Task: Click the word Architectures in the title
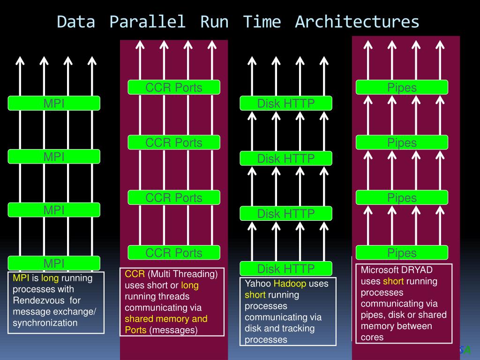pyautogui.click(x=357, y=22)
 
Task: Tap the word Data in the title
pyautogui.click(x=76, y=22)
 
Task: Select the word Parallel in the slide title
pyautogui.click(x=148, y=22)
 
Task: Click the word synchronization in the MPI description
pyautogui.click(x=45, y=322)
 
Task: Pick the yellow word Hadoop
pyautogui.click(x=290, y=284)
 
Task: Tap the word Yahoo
pyautogui.click(x=258, y=284)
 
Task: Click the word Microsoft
pyautogui.click(x=380, y=270)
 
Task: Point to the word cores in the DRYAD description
pyautogui.click(x=372, y=337)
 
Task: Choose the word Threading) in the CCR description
pyautogui.click(x=196, y=274)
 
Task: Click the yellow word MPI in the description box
pyautogui.click(x=21, y=278)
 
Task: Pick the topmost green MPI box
pyautogui.click(x=54, y=103)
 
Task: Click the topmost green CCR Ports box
pyautogui.click(x=174, y=87)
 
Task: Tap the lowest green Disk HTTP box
pyautogui.click(x=286, y=269)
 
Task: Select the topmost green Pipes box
pyautogui.click(x=402, y=87)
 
